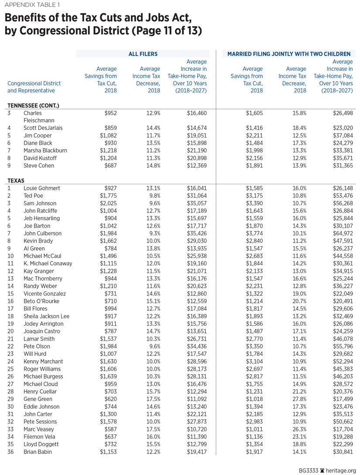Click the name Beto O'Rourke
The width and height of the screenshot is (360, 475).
click(41, 301)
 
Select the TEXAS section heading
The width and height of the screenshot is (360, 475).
click(16, 180)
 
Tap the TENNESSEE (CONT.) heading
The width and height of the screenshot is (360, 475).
click(33, 105)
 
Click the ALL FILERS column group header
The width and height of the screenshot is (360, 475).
click(143, 54)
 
